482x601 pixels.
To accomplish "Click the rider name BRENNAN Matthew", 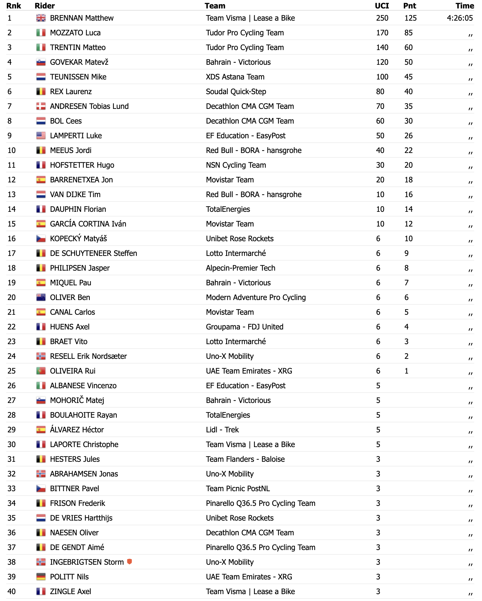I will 82,18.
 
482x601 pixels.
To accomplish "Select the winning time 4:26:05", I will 459,18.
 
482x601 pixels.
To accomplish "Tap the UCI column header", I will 382,6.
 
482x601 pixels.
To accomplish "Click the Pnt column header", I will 409,6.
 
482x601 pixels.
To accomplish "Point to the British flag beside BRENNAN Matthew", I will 41,18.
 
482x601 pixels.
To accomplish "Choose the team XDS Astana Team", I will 235,77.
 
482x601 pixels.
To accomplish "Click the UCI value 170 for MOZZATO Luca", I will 382,33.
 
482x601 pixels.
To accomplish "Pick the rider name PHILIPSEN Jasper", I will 80,268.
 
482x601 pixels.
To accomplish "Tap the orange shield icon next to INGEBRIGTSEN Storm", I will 129,562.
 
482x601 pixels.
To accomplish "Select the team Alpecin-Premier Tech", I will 240,268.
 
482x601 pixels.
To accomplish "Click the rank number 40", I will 12,592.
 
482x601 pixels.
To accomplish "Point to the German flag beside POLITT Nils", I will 41,577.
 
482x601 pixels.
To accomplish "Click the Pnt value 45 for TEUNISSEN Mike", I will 408,77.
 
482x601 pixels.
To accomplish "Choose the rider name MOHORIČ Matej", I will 77,400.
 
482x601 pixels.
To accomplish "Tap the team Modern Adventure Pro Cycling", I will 256,298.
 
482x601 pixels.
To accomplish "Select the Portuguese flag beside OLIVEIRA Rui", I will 41,371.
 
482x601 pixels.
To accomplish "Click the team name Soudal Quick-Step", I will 236,92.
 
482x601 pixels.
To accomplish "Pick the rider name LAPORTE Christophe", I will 84,445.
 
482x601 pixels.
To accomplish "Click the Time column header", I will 464,6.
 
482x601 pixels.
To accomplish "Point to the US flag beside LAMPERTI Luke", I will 41,136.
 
